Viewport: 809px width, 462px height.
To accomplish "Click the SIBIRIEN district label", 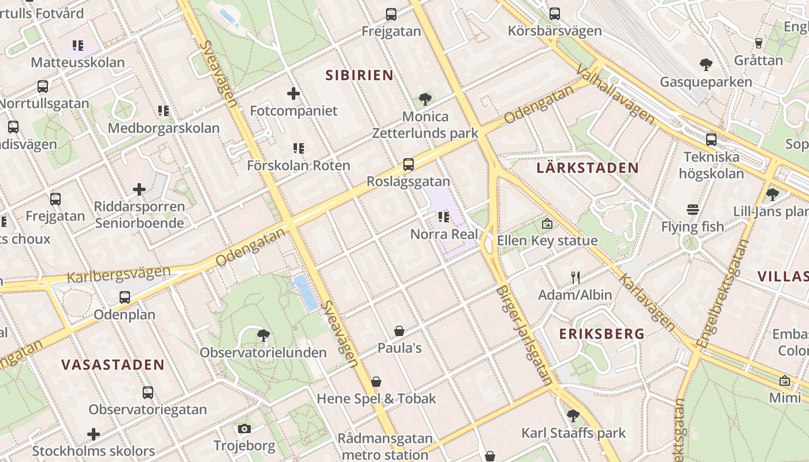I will [359, 75].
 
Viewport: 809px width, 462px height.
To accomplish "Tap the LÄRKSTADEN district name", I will [588, 168].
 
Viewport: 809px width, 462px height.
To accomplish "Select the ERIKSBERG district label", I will [602, 333].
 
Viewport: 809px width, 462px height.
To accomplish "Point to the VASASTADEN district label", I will [113, 364].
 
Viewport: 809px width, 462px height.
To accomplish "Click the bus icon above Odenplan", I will [124, 297].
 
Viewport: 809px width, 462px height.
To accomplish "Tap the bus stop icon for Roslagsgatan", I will [409, 164].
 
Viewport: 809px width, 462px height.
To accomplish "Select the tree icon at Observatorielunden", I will [264, 335].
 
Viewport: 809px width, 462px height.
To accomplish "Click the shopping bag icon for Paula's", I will [399, 331].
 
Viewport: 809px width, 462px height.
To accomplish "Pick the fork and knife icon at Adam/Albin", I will [575, 278].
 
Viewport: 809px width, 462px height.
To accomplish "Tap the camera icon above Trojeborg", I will [244, 429].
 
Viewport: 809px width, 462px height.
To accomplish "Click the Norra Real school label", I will [444, 234].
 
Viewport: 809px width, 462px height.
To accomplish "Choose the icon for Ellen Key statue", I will [547, 223].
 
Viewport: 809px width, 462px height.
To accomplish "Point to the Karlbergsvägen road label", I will [118, 274].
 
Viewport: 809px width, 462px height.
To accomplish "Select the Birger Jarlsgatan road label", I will [524, 335].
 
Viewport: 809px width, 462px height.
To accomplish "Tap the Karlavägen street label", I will [647, 302].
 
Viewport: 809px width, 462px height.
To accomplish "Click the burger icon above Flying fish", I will [692, 209].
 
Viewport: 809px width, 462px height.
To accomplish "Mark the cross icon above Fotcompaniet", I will [294, 93].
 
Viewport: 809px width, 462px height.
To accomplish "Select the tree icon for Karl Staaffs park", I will [573, 415].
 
